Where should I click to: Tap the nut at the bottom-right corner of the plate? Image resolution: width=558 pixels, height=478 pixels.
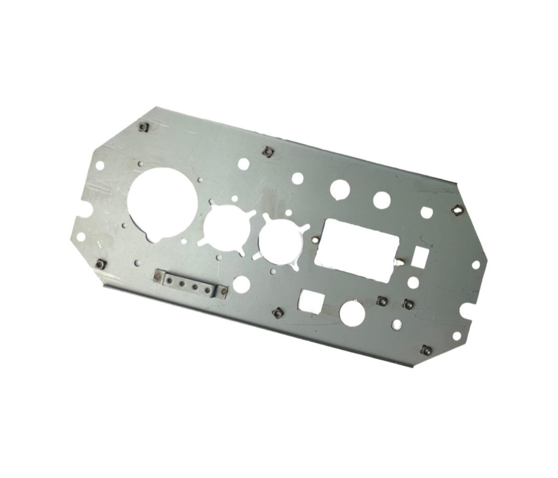pos(426,351)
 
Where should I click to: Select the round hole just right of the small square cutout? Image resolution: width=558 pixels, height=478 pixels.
pos(352,313)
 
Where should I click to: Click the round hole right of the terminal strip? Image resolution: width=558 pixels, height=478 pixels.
pos(241,284)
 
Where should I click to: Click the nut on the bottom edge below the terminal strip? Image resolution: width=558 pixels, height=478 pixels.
pos(277,313)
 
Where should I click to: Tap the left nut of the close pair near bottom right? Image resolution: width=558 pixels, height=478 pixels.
pos(381,301)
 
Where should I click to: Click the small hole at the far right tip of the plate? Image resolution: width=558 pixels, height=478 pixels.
pos(476,265)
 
